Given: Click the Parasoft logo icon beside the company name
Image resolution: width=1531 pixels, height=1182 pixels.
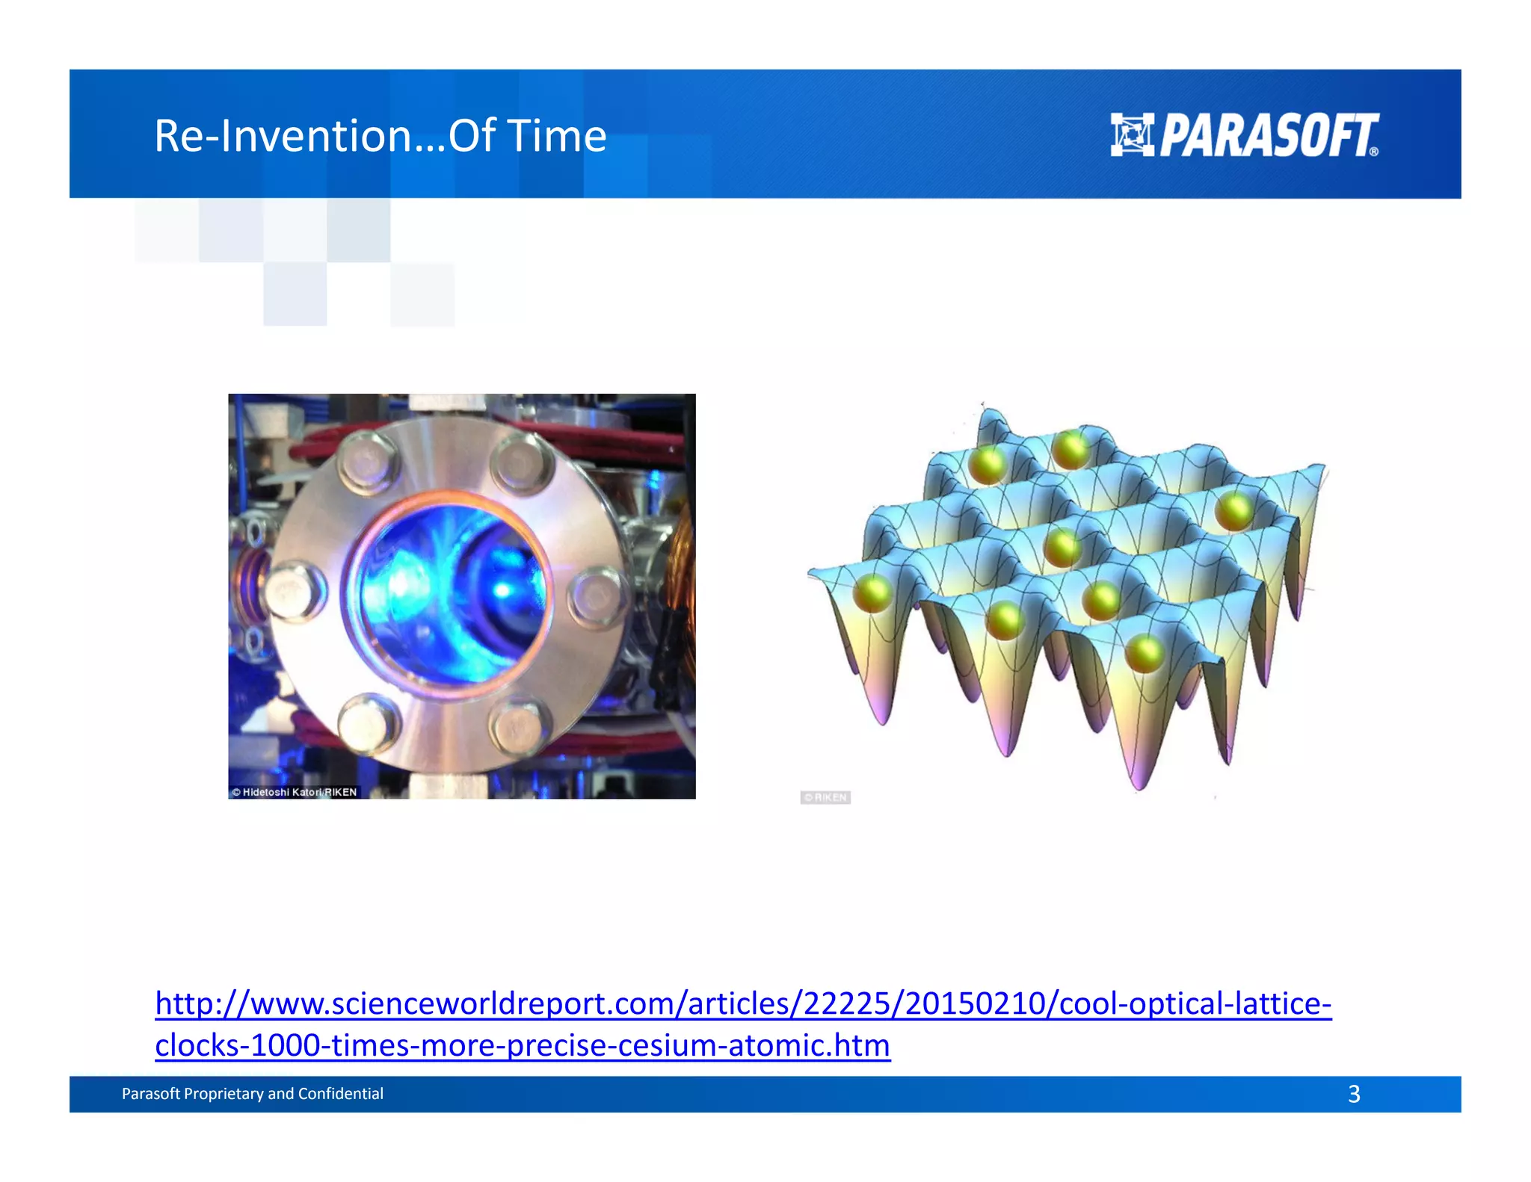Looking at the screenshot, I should point(1132,134).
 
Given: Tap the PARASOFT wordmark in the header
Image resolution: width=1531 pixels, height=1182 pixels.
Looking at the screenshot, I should point(1269,136).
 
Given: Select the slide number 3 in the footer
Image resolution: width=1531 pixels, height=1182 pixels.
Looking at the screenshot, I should point(1354,1094).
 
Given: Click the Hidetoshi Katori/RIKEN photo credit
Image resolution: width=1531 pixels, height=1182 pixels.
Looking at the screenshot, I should point(295,792).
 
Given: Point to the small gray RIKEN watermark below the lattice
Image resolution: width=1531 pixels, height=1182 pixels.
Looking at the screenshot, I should point(825,797).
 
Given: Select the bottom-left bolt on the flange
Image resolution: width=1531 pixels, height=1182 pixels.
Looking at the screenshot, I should point(369,723).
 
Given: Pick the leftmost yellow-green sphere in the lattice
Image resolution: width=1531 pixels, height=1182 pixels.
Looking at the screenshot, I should point(872,593).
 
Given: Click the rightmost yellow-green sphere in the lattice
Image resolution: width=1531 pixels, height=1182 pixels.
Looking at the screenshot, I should point(1233,512).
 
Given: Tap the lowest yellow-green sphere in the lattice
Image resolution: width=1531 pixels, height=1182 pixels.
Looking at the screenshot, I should point(1144,654).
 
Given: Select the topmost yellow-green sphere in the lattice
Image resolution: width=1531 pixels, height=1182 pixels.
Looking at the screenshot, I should point(1071,449).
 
